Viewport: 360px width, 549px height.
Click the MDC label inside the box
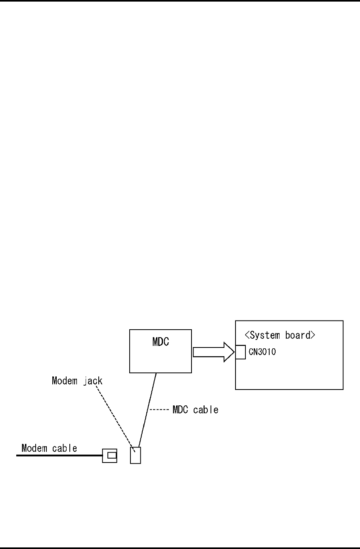[x=161, y=342]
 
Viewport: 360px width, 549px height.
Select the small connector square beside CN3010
[x=240, y=352]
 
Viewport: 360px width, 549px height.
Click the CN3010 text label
[x=262, y=352]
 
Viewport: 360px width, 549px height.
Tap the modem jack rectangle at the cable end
[x=136, y=455]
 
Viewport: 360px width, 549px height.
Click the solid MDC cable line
[x=147, y=409]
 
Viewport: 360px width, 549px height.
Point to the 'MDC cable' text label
[x=195, y=409]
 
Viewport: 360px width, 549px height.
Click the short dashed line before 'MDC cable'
[x=161, y=409]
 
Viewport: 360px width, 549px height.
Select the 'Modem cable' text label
[x=49, y=448]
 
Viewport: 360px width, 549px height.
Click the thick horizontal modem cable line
[x=59, y=456]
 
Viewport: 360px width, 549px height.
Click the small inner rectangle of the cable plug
[x=112, y=456]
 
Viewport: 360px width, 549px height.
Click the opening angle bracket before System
[x=247, y=335]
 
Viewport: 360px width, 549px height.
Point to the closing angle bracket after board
[x=313, y=335]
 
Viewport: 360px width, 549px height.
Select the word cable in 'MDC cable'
[x=206, y=409]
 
